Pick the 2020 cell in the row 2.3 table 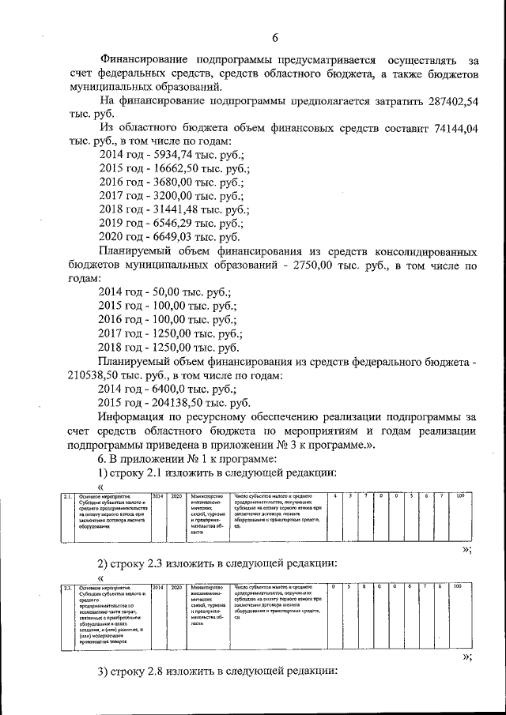coord(176,587)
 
